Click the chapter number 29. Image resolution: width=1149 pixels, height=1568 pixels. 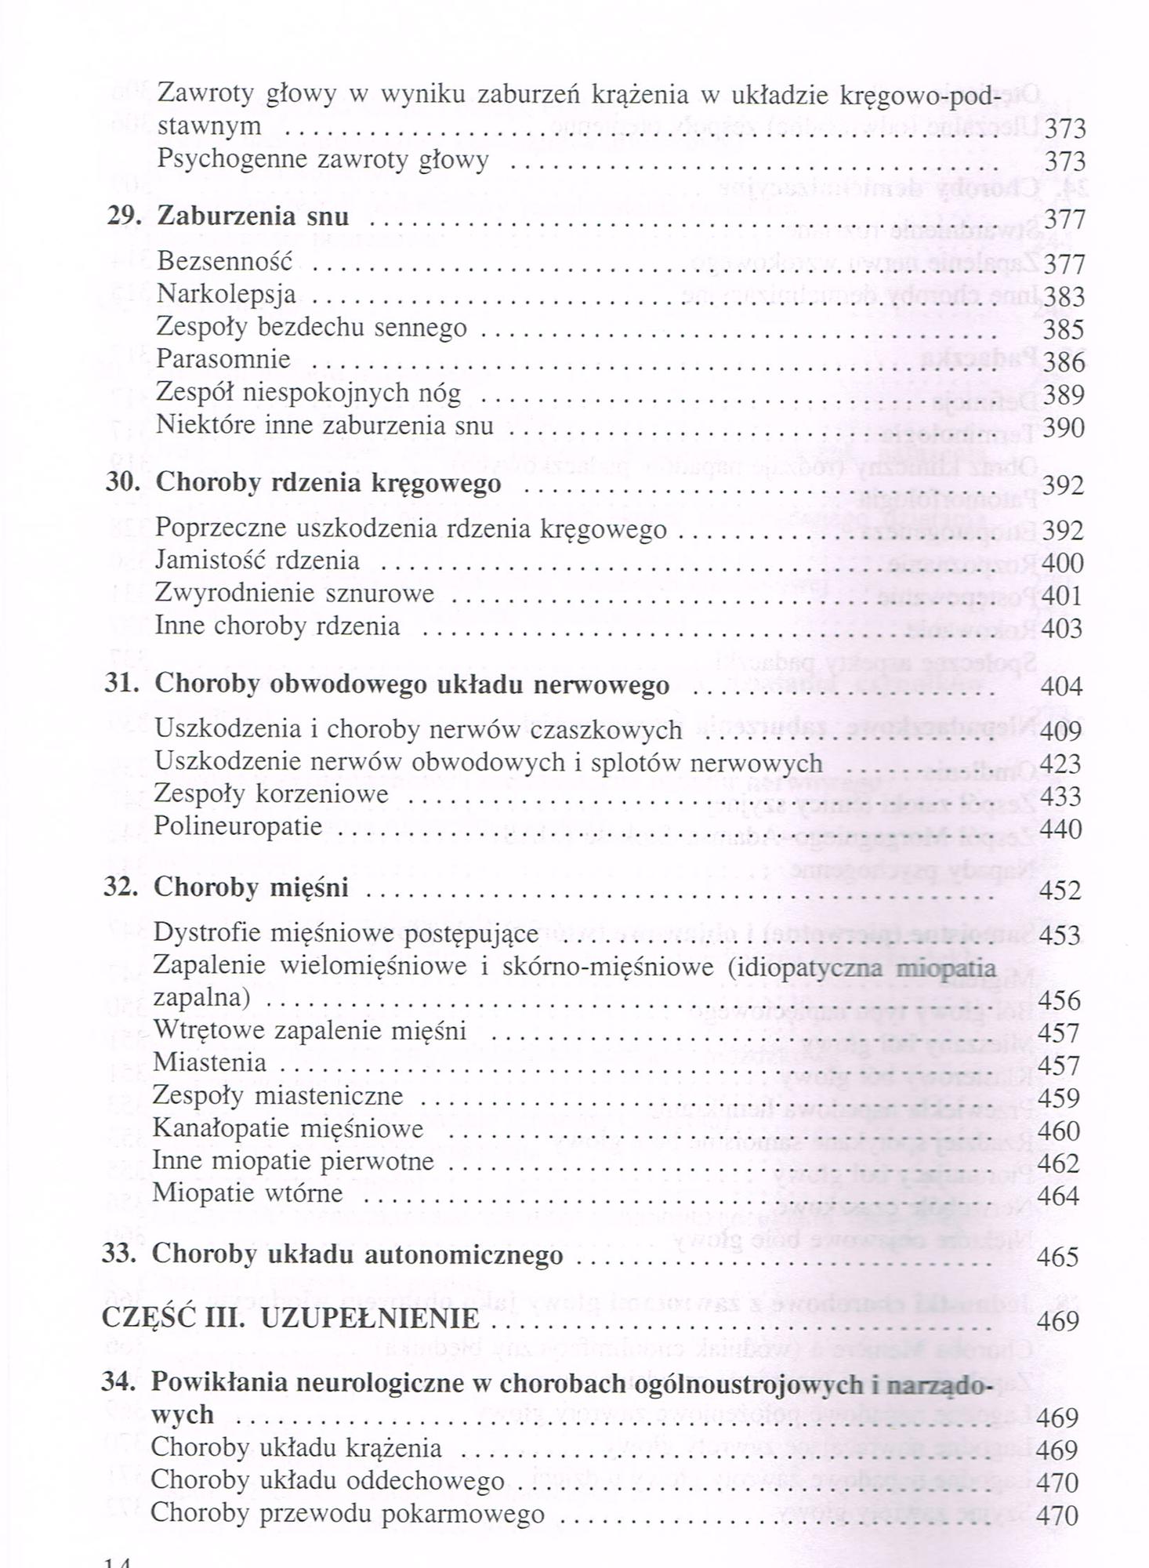123,216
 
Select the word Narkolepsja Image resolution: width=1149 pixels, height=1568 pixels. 226,294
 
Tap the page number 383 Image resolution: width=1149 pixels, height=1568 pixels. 1064,297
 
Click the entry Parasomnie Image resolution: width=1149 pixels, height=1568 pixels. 223,359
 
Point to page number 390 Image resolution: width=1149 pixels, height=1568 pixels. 1064,428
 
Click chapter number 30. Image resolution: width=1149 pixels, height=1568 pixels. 122,482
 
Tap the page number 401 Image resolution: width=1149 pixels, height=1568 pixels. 1061,596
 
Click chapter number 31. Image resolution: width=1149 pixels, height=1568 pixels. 121,684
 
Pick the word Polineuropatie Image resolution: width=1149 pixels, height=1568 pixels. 237,826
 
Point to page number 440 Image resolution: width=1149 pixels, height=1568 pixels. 1060,829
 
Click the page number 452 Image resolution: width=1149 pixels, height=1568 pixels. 1060,891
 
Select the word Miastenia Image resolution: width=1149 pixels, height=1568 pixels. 209,1063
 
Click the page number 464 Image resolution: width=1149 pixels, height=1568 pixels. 1058,1196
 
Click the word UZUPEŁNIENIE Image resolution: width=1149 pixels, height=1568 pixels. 369,1319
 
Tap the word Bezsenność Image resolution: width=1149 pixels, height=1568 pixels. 224,261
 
